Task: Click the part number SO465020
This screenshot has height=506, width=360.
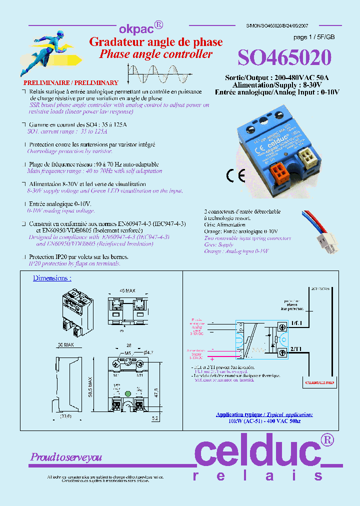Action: [284, 58]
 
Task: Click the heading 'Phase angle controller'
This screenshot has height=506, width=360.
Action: [155, 54]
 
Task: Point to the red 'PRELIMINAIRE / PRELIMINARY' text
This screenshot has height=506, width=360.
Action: [71, 83]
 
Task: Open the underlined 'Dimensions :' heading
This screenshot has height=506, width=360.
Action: [52, 278]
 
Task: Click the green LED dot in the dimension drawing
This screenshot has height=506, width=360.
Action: [127, 393]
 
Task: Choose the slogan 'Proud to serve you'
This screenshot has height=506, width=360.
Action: [66, 457]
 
